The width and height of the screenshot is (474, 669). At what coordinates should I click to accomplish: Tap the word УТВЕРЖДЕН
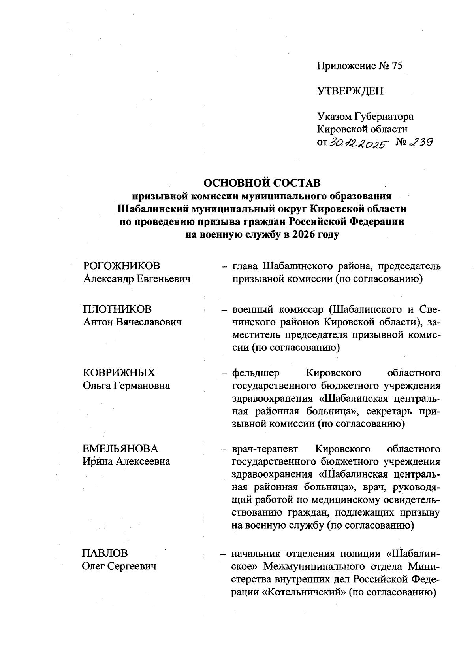click(350, 91)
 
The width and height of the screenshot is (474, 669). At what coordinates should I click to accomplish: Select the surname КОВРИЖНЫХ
click(119, 372)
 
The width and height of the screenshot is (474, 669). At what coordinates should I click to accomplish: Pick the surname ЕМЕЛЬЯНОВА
click(120, 448)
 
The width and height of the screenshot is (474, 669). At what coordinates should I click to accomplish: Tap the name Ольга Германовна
click(126, 386)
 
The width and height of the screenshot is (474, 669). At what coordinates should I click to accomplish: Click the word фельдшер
click(256, 372)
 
